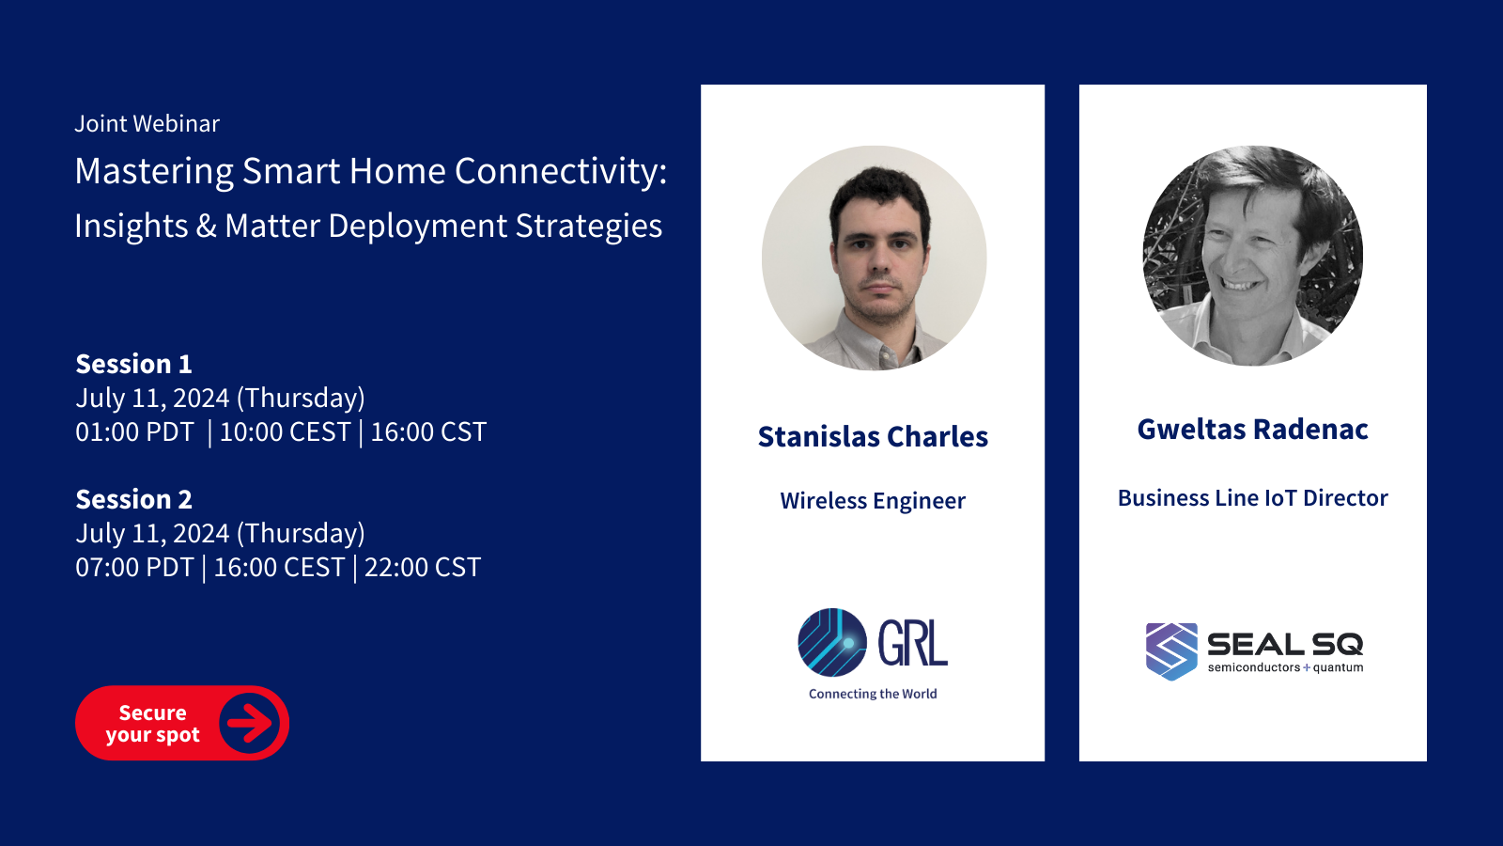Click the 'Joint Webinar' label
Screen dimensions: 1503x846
pyautogui.click(x=147, y=123)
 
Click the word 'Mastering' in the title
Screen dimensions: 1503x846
pyautogui.click(x=154, y=172)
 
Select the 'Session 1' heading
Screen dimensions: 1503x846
pyautogui.click(x=133, y=364)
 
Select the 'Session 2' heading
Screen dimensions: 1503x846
pyautogui.click(x=133, y=499)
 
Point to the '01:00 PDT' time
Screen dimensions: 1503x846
pyautogui.click(x=134, y=431)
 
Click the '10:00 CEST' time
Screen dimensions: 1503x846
pyautogui.click(x=286, y=431)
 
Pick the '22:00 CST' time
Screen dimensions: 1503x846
pyautogui.click(x=423, y=568)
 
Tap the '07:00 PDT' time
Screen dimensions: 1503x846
pyautogui.click(x=134, y=568)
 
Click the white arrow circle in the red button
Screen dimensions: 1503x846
pyautogui.click(x=250, y=723)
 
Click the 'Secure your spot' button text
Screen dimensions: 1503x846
pyautogui.click(x=152, y=723)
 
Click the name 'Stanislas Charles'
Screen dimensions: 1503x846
pyautogui.click(x=873, y=436)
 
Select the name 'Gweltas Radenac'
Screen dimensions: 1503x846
pyautogui.click(x=1253, y=429)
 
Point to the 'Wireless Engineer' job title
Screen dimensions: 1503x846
pyautogui.click(x=873, y=501)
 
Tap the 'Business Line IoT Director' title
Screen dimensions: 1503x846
pyautogui.click(x=1253, y=498)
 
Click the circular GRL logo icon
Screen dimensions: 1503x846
pyautogui.click(x=832, y=643)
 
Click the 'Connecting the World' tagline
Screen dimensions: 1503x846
pyautogui.click(x=873, y=694)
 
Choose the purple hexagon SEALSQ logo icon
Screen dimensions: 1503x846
pyautogui.click(x=1171, y=651)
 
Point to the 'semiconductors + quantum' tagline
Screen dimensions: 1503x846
pyautogui.click(x=1286, y=667)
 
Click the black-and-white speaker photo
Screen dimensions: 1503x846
pyautogui.click(x=1253, y=256)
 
